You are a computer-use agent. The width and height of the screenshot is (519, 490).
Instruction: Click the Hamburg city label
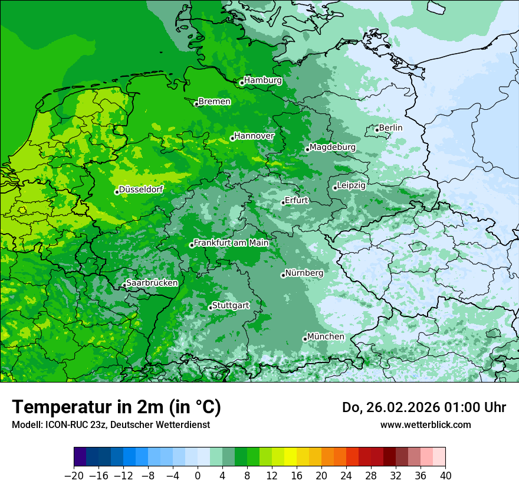coord(262,80)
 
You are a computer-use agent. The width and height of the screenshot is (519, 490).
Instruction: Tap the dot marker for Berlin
coord(377,130)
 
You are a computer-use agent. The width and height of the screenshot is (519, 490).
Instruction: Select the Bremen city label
coord(214,102)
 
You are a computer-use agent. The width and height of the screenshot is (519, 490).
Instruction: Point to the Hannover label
coord(254,136)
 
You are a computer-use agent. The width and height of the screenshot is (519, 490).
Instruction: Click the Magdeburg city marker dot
coord(307,149)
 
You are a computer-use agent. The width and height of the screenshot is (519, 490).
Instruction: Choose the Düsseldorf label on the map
coord(141,190)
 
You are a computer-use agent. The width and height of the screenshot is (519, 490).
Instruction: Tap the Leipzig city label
coord(351,185)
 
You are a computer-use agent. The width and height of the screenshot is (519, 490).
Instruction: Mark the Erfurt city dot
coord(283,202)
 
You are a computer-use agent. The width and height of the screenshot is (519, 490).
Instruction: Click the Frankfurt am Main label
coord(231,243)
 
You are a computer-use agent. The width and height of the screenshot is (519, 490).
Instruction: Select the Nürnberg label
coord(304,273)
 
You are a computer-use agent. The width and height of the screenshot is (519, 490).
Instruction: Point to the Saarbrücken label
coord(152,283)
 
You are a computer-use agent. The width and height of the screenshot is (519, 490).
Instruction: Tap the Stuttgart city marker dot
coord(210,308)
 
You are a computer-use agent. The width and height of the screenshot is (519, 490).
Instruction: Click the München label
coord(326,337)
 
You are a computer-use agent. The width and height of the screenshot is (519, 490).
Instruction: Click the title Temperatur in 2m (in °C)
coord(116,407)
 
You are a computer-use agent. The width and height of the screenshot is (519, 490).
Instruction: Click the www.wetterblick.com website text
coord(425,424)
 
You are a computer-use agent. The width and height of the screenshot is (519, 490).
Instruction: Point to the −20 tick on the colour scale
coord(74,476)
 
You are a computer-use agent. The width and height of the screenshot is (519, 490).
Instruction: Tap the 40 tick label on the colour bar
coord(445,476)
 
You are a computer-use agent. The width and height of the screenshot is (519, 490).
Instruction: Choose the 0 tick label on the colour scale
coord(198,476)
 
